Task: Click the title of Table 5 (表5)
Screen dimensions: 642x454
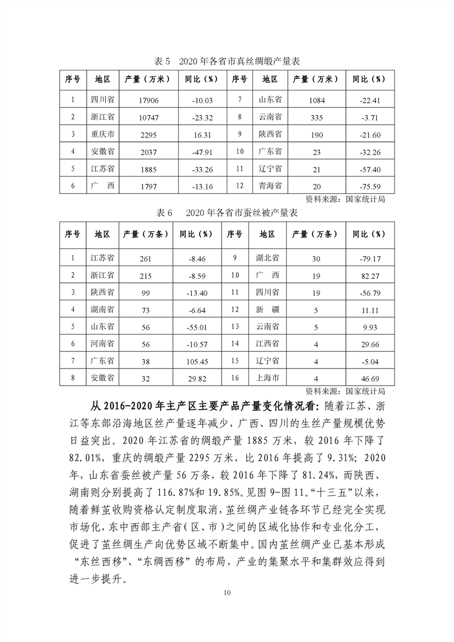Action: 228,61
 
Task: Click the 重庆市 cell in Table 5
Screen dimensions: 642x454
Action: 103,134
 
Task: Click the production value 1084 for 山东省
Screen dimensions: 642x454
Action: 317,100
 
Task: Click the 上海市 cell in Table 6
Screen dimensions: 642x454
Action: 267,378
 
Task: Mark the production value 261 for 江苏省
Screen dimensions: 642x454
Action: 145,259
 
